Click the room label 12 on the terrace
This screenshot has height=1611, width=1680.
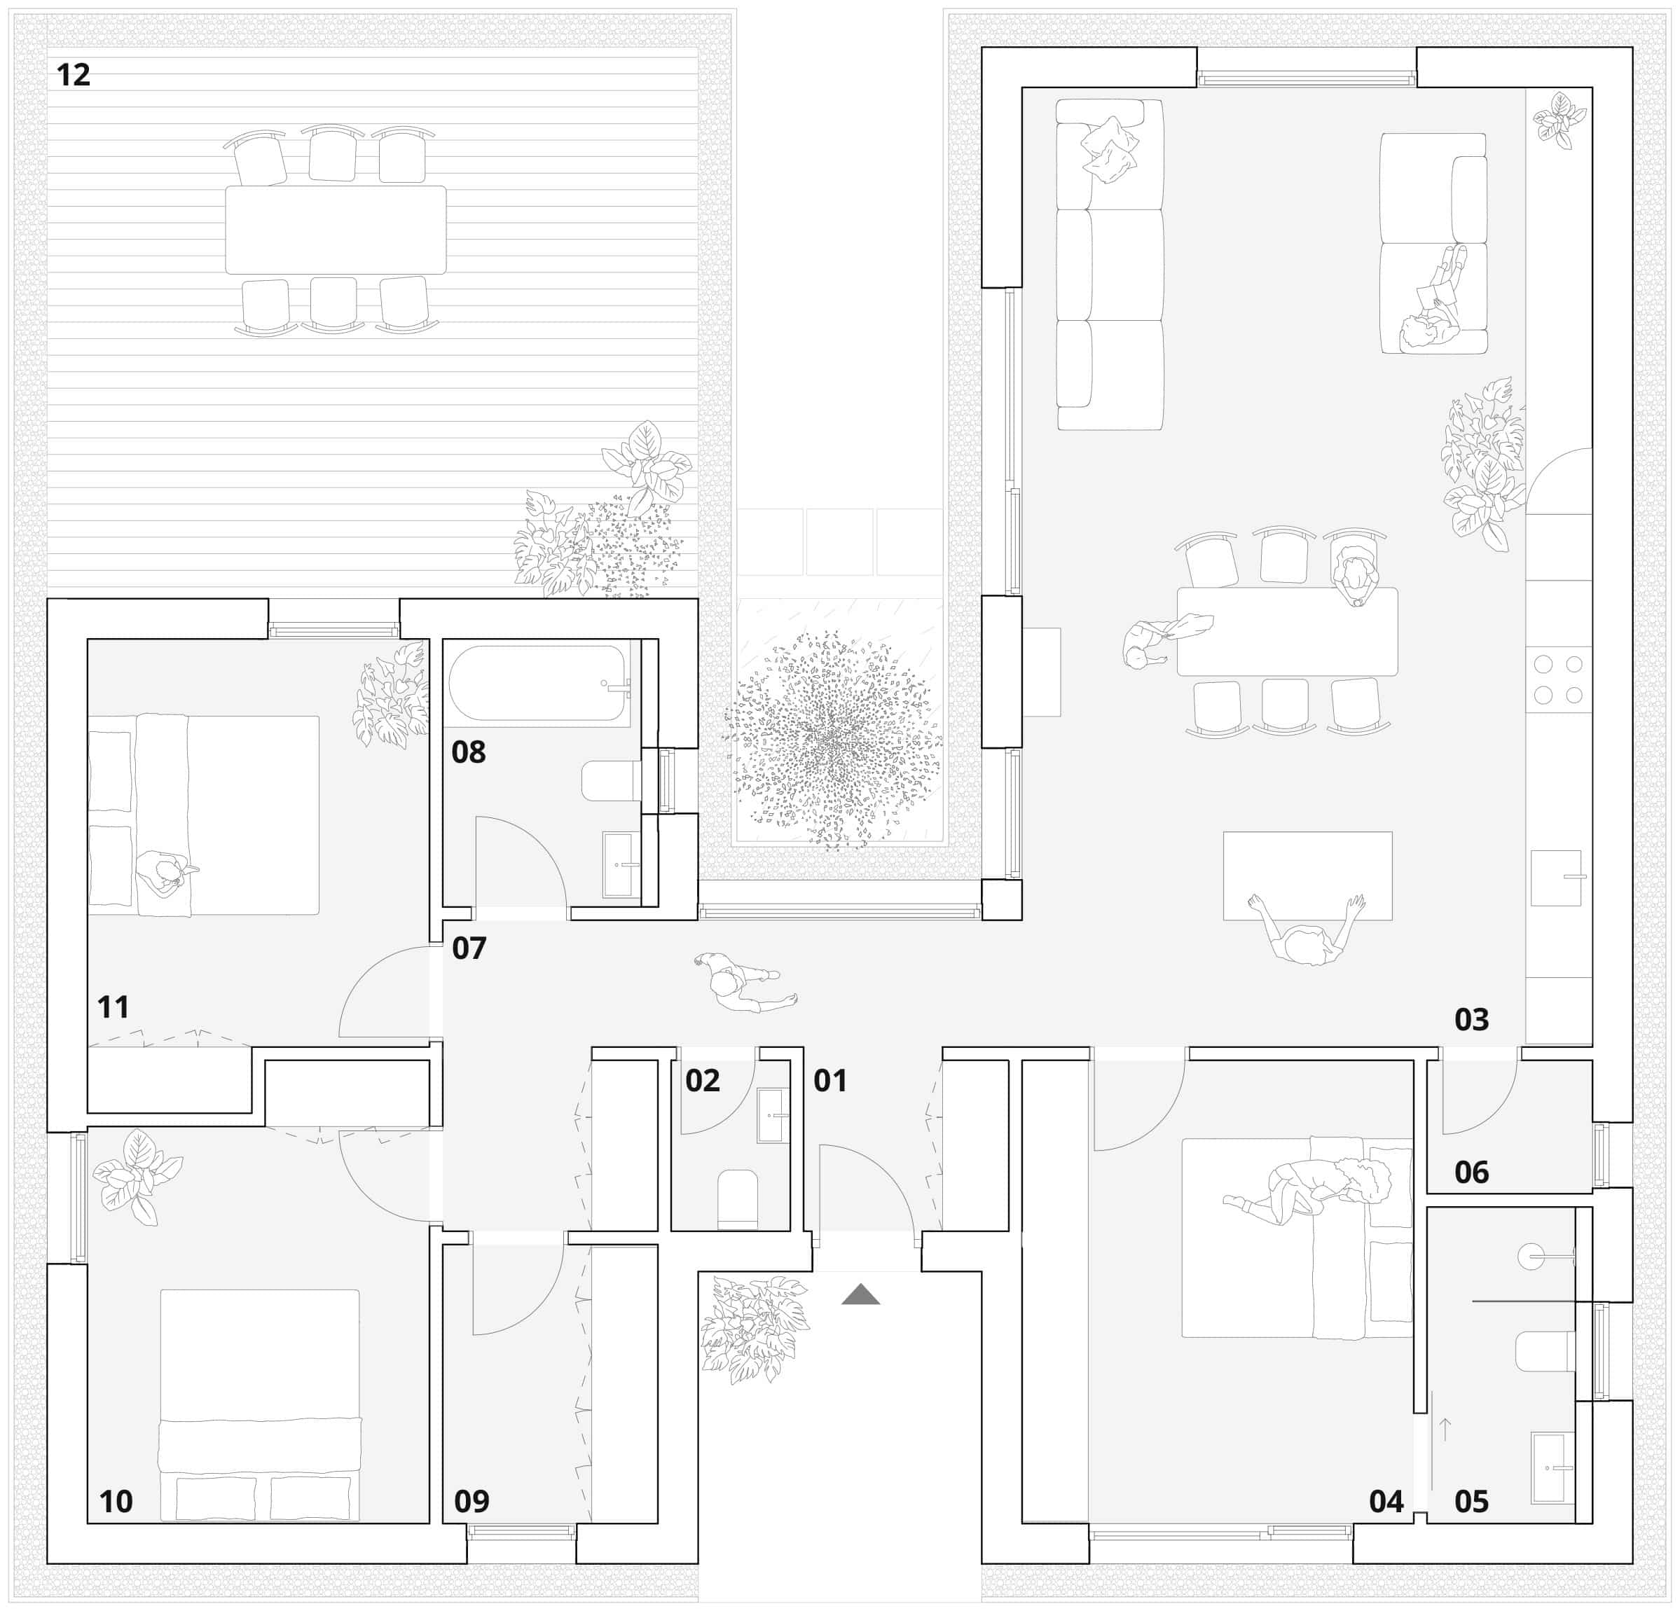tap(73, 76)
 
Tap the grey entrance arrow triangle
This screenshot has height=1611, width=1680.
tap(860, 1295)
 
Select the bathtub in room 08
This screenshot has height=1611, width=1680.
tap(537, 683)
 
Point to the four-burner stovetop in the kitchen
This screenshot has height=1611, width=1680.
tap(1558, 679)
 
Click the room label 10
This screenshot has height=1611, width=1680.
tap(116, 1501)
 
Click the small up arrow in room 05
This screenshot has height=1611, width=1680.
tap(1445, 1428)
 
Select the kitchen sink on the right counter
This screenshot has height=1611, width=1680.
tap(1556, 878)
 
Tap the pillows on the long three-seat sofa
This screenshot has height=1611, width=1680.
tap(1109, 149)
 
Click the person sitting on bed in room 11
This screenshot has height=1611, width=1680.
tap(165, 873)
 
